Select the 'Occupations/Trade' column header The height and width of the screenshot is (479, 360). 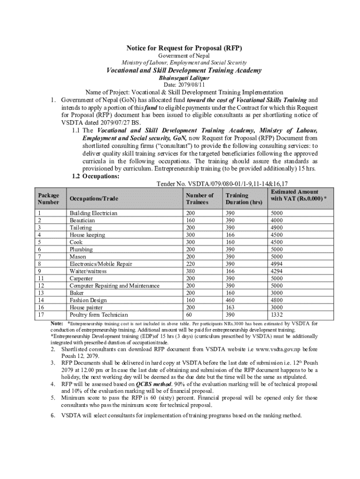click(x=94, y=199)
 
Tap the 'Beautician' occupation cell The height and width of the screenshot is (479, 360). click(x=82, y=220)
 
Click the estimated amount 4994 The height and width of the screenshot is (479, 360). click(x=277, y=264)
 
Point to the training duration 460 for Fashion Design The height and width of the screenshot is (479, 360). click(x=231, y=300)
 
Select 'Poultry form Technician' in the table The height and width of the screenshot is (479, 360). click(x=99, y=315)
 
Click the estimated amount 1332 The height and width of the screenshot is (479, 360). click(x=277, y=315)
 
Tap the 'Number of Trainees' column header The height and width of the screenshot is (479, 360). click(x=199, y=199)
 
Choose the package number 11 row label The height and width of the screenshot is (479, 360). click(x=41, y=278)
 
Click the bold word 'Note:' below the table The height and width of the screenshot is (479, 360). click(x=57, y=323)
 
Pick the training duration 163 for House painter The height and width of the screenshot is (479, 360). click(x=231, y=307)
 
